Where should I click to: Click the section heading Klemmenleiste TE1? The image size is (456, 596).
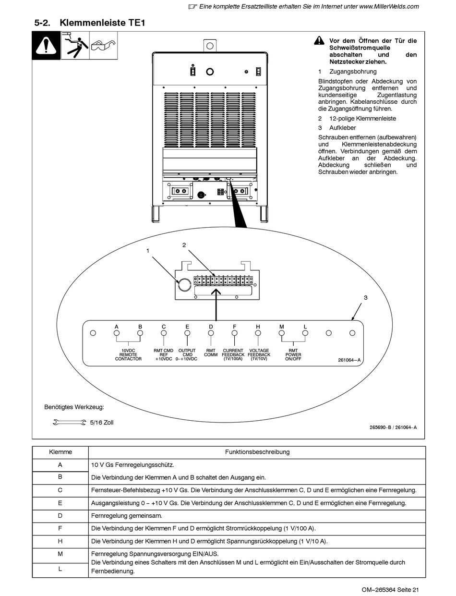tap(102, 23)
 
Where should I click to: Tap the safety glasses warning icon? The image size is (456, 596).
tap(103, 46)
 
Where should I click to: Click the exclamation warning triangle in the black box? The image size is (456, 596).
tap(46, 46)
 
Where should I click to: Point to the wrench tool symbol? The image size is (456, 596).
tap(68, 423)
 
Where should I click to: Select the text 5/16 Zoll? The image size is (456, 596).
tap(102, 423)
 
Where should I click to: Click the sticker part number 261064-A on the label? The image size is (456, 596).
tap(349, 360)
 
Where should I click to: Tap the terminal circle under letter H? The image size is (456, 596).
tap(258, 333)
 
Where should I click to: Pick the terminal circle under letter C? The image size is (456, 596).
tap(164, 333)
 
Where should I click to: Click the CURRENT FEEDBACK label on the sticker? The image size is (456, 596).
tap(233, 354)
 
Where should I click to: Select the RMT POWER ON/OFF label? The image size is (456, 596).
tap(293, 354)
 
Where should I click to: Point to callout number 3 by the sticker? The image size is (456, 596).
tap(365, 298)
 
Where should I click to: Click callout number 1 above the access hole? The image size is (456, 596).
tap(148, 250)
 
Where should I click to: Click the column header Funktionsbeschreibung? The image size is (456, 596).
tap(257, 452)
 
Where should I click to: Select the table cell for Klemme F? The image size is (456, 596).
tap(60, 528)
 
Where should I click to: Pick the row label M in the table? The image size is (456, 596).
tap(60, 554)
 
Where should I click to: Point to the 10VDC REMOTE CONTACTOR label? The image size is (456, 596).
tap(128, 354)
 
